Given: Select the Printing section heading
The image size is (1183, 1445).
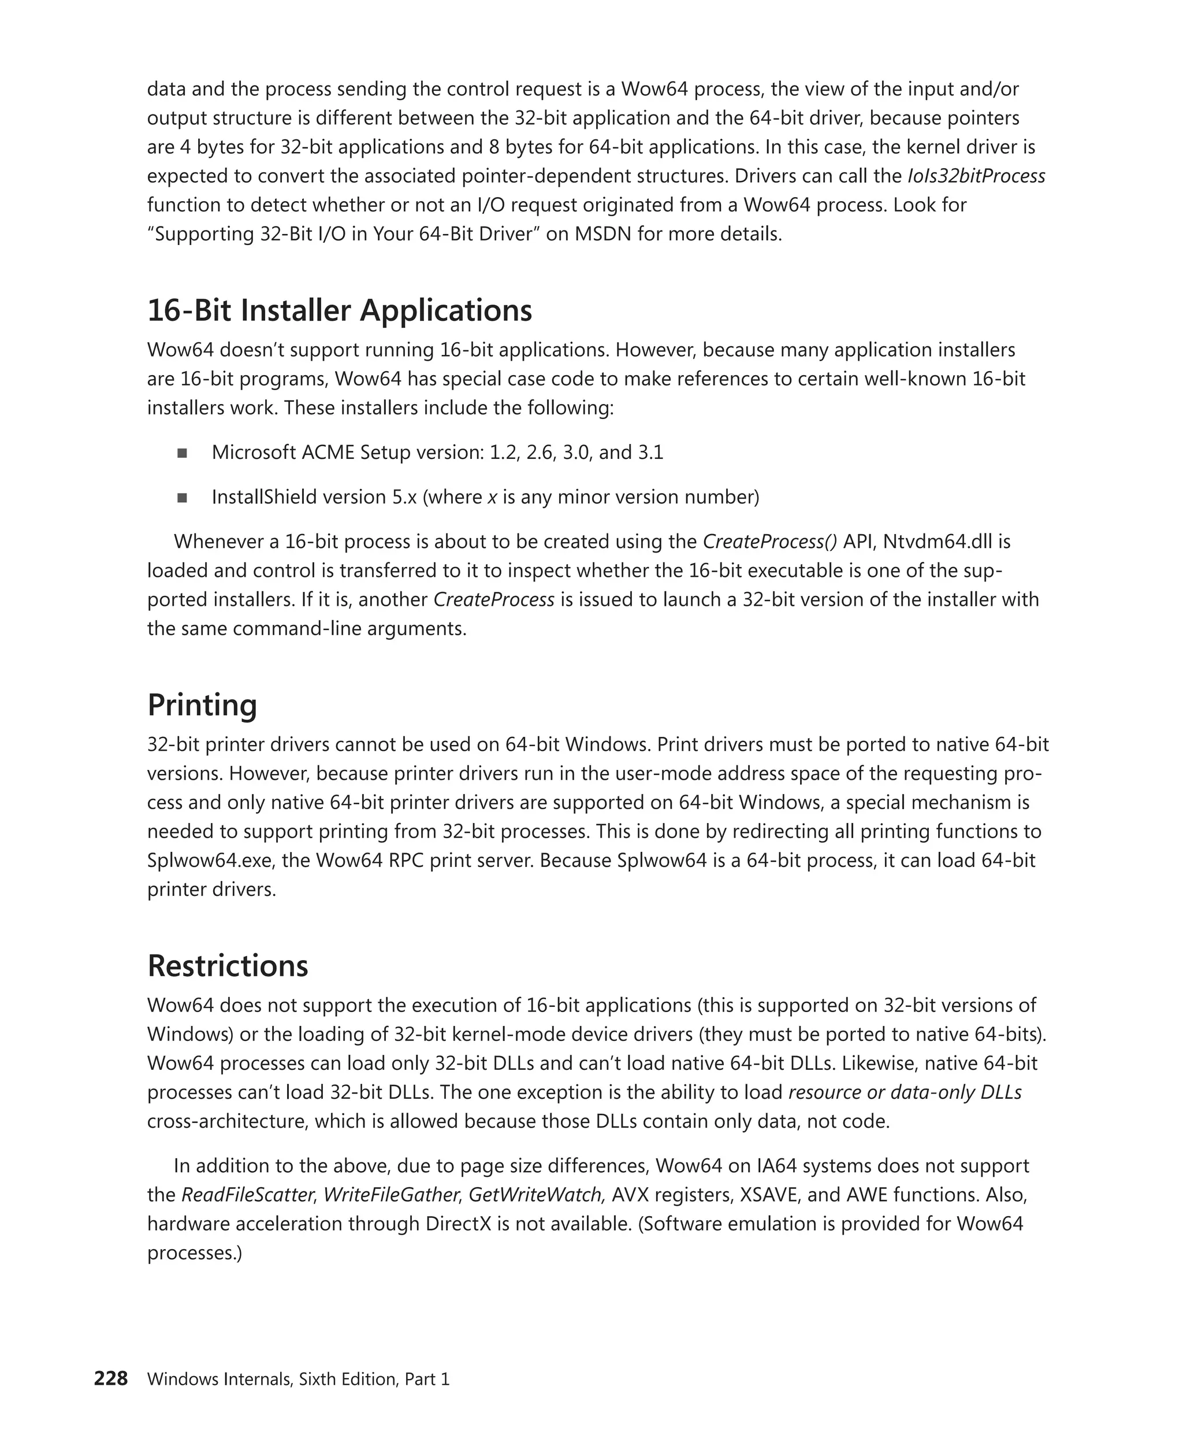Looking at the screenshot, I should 202,705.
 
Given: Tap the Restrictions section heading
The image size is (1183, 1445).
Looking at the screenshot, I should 228,966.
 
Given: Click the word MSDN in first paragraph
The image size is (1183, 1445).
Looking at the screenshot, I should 603,234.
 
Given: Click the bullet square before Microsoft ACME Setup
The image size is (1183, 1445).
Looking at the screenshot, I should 182,453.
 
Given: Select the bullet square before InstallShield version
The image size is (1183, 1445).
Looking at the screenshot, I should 182,498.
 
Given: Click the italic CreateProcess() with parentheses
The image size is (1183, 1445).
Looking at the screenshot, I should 769,542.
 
